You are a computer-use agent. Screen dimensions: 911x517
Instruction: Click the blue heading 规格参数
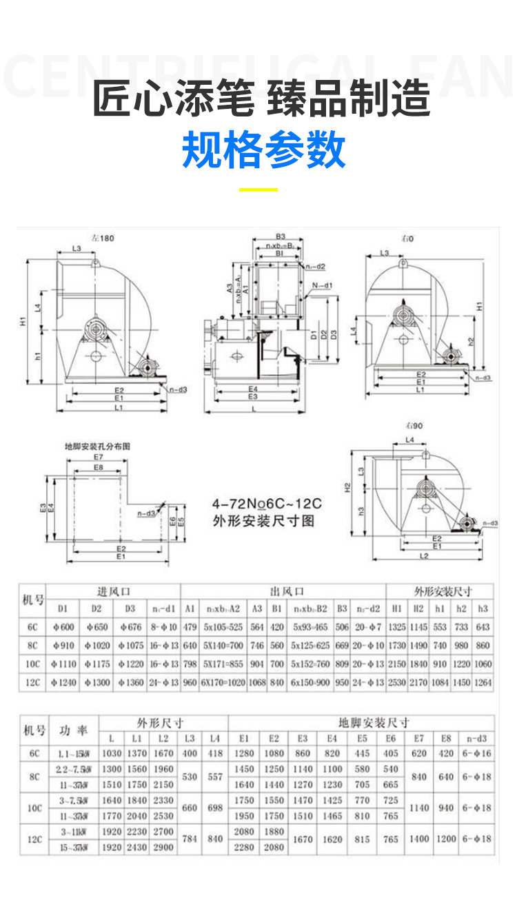point(263,150)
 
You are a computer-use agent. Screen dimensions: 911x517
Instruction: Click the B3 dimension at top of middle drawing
point(280,236)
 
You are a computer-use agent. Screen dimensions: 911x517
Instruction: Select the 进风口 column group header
point(114,591)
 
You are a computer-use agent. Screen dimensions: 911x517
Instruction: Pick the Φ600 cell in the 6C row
point(63,627)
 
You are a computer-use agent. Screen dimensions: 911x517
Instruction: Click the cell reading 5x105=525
point(221,627)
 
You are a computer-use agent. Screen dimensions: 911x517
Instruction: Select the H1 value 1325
point(396,627)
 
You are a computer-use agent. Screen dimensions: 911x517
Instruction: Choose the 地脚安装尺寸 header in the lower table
point(374,722)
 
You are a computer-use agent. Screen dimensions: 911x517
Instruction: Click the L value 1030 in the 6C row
point(112,753)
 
